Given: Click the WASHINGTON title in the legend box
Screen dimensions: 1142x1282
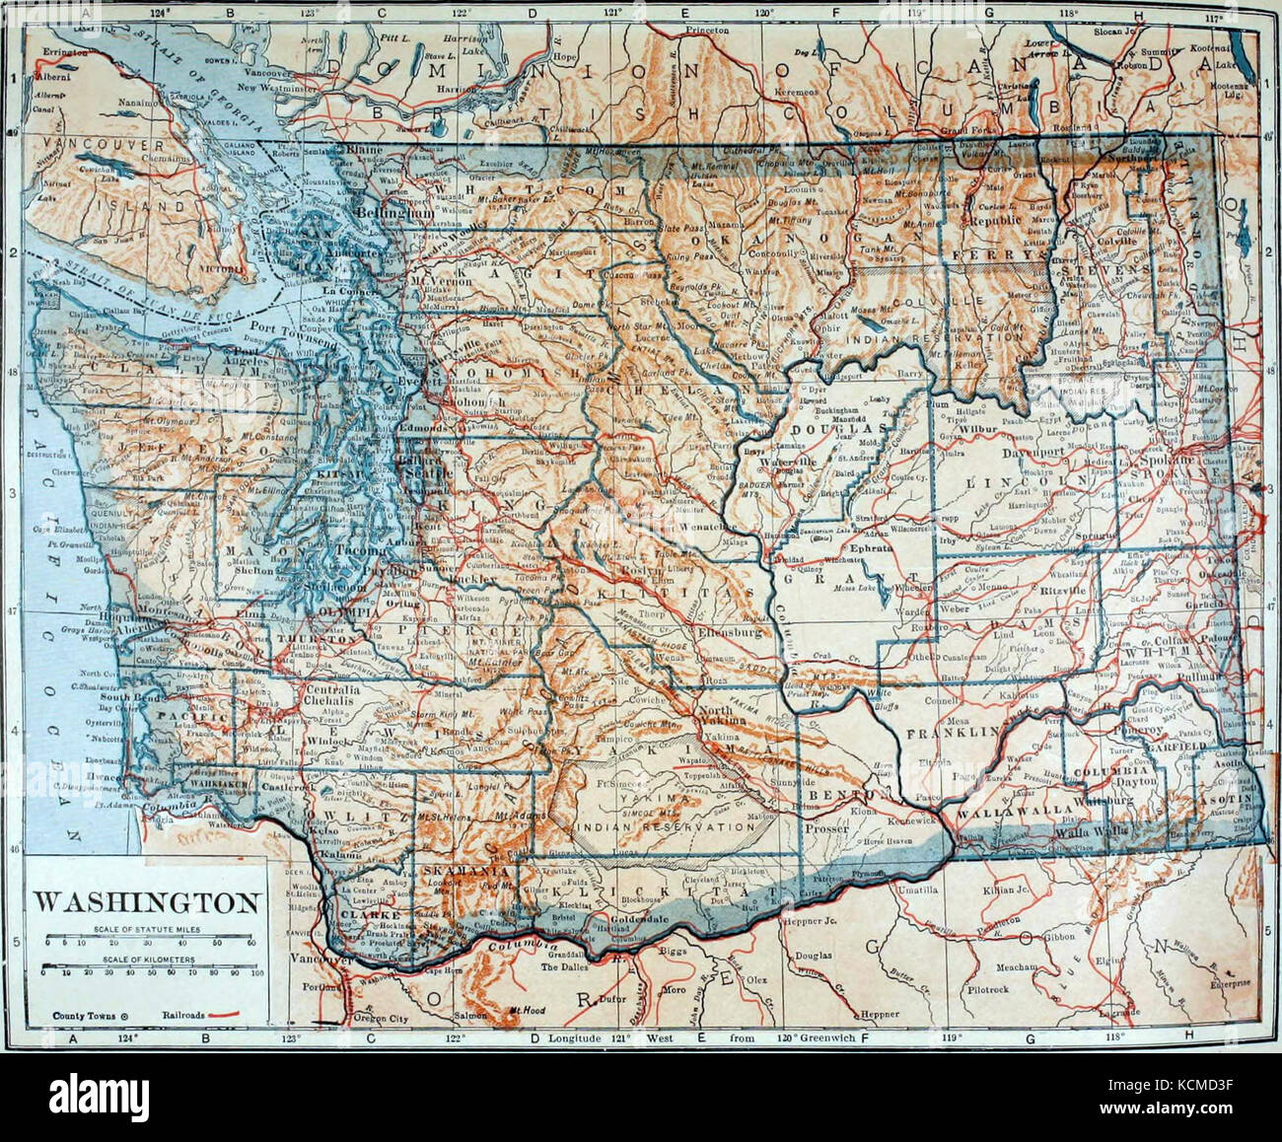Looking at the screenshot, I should [148, 901].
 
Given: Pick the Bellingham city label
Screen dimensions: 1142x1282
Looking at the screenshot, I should [382, 212].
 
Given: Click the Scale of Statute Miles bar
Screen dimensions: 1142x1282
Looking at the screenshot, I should [148, 938].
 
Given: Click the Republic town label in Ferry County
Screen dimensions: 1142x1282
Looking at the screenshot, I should [991, 222].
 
